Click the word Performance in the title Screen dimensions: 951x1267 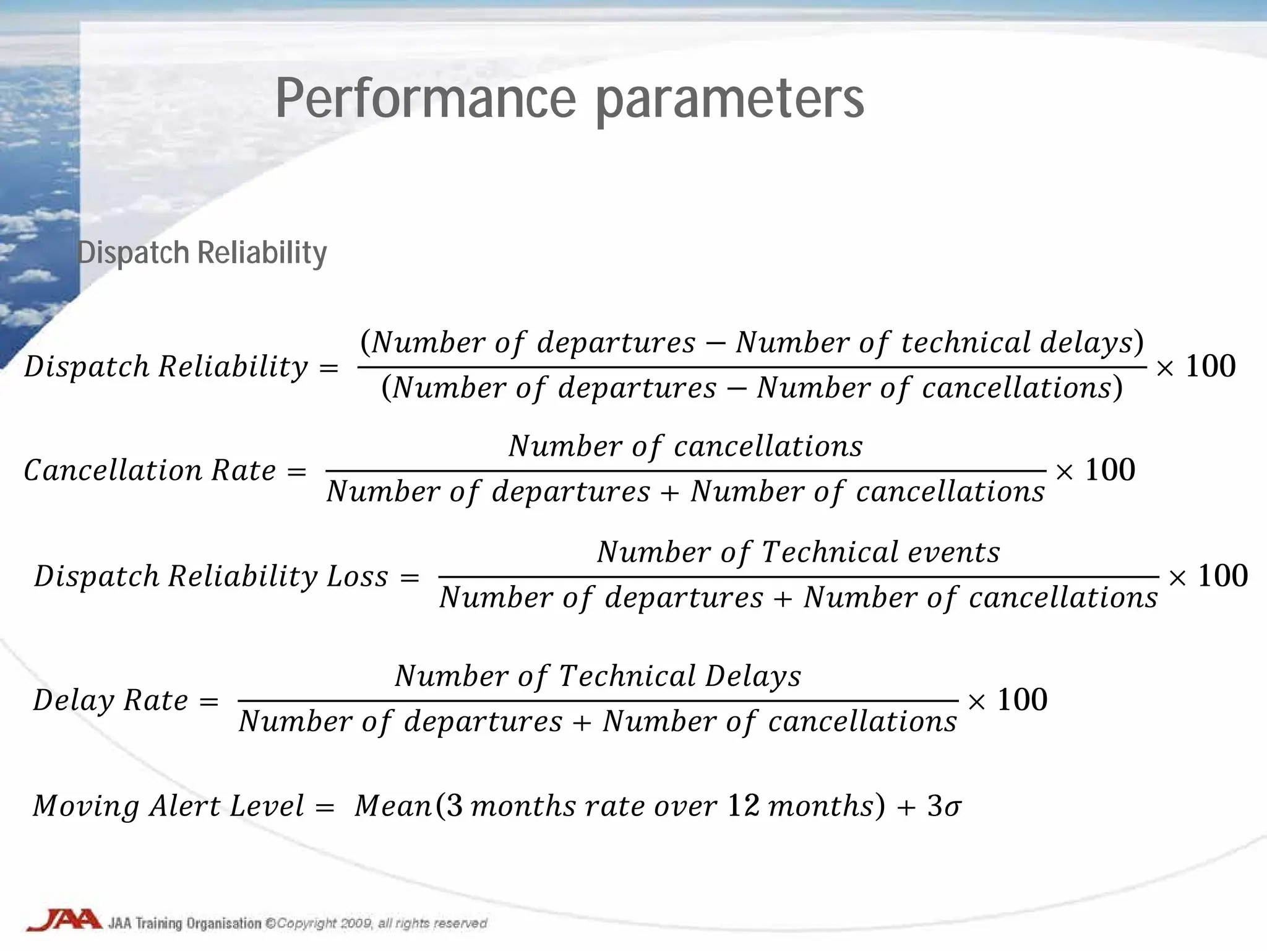pyautogui.click(x=426, y=99)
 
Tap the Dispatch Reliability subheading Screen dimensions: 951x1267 pyautogui.click(x=202, y=253)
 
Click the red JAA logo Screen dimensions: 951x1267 pyautogui.click(x=63, y=920)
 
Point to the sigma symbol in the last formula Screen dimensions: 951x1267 pyautogui.click(x=953, y=807)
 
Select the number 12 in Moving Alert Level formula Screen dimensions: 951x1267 pyautogui.click(x=743, y=806)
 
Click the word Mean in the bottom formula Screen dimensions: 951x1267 pyautogui.click(x=393, y=806)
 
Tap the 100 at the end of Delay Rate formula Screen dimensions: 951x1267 pyautogui.click(x=1022, y=700)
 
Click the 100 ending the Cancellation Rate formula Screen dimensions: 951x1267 pyautogui.click(x=1110, y=470)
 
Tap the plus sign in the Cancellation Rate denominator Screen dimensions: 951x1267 pyautogui.click(x=670, y=492)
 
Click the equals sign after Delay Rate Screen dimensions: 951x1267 pyautogui.click(x=209, y=701)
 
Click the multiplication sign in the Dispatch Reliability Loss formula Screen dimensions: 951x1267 pyautogui.click(x=1177, y=578)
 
